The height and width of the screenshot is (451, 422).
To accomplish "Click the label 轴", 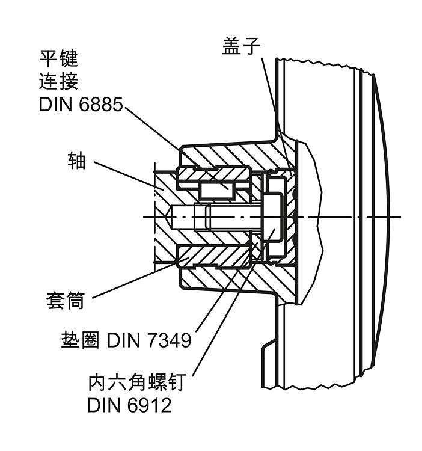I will click(76, 161).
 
